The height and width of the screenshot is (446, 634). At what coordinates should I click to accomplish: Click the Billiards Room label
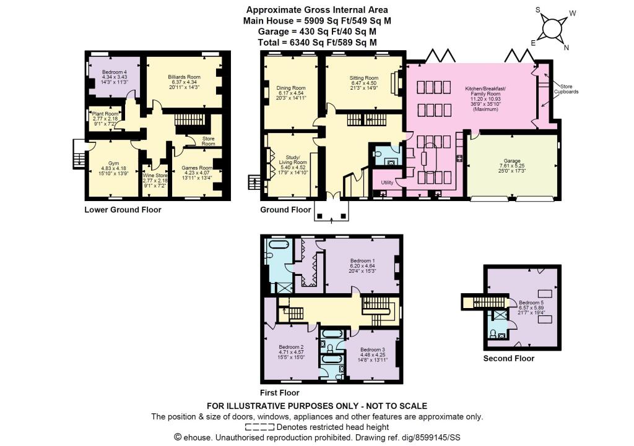pyautogui.click(x=185, y=77)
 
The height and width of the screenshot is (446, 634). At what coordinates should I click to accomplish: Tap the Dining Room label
pyautogui.click(x=291, y=88)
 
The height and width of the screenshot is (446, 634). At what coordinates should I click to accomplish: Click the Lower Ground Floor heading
pyautogui.click(x=123, y=210)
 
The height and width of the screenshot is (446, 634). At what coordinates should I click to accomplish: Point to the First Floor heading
pyautogui.click(x=280, y=393)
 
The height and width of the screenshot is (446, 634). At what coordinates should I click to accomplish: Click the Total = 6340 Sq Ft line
pyautogui.click(x=317, y=42)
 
